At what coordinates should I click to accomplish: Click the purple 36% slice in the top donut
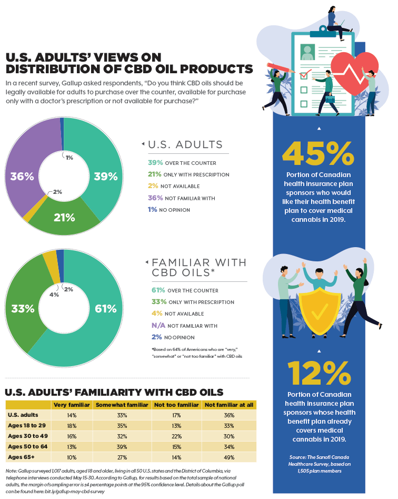point(22,176)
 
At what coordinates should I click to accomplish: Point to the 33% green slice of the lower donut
point(23,309)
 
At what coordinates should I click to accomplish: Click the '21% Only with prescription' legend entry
point(188,174)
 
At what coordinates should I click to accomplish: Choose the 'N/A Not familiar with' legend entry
point(184,326)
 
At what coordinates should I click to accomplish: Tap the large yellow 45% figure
point(318,154)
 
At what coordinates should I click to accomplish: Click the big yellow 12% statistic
point(319,373)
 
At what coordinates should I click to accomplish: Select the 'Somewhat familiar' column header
point(122,405)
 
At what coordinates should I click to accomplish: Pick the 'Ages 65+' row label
point(21,457)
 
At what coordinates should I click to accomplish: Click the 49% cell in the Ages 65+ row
point(229,457)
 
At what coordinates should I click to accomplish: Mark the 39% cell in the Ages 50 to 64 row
point(122,447)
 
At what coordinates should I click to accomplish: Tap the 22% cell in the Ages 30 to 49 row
point(176,436)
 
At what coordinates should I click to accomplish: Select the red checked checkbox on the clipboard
point(304,76)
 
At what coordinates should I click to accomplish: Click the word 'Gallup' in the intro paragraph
point(72,83)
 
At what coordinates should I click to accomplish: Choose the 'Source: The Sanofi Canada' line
point(319,457)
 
